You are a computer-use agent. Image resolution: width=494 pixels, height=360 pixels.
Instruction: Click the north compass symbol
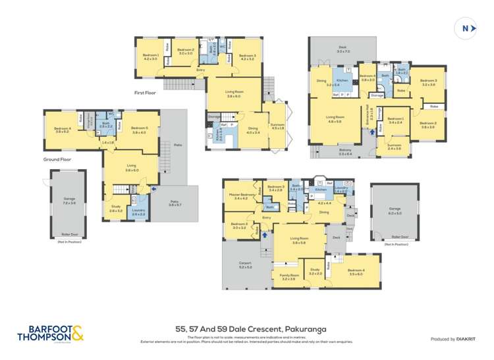pos(466,28)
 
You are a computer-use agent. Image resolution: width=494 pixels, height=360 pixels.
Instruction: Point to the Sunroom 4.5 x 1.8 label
pos(277,126)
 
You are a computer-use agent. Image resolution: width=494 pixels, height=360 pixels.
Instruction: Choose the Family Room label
pos(288,277)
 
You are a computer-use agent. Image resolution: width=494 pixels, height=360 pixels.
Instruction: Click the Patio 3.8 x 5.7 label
pos(176,204)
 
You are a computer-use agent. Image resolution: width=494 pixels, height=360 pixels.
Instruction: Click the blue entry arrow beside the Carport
pos(265,234)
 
